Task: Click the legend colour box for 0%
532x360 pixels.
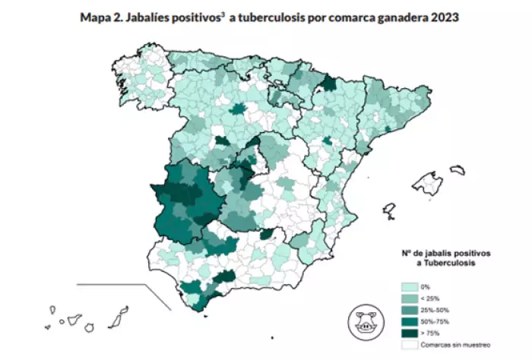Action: click(x=407, y=287)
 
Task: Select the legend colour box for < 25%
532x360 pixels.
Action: click(x=407, y=298)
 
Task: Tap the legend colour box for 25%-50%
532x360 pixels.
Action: click(x=407, y=310)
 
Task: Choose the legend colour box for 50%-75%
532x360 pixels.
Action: click(x=407, y=321)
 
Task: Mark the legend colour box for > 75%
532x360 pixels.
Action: click(x=407, y=333)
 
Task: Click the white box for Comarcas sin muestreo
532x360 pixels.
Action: click(x=407, y=344)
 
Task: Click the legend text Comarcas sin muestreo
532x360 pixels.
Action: click(x=453, y=344)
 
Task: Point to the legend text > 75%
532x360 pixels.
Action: click(x=429, y=333)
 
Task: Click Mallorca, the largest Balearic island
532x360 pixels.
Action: click(x=430, y=182)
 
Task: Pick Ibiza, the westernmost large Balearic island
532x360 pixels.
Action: click(x=389, y=208)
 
